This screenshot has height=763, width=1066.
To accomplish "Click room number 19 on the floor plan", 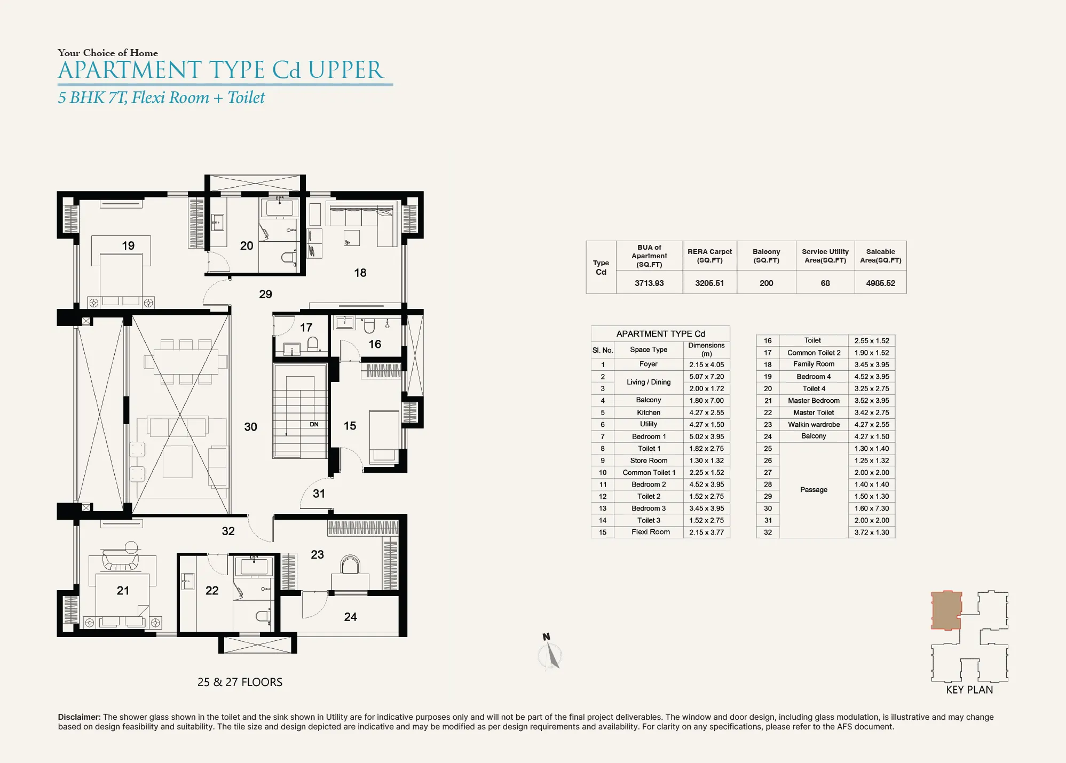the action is click(128, 246).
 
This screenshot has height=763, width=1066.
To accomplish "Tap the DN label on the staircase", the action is click(314, 425).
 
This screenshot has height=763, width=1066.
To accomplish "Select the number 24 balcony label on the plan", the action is click(350, 617).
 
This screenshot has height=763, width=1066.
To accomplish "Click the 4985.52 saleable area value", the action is click(880, 283).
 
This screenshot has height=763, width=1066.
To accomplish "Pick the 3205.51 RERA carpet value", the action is click(709, 283).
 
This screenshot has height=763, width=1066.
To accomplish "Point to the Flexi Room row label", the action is click(650, 532).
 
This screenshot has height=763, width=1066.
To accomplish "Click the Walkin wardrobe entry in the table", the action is click(814, 425).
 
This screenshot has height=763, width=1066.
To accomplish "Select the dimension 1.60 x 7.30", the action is click(872, 508).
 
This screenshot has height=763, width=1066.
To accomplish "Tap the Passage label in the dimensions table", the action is click(814, 490).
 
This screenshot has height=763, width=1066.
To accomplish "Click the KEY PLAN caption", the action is click(969, 690).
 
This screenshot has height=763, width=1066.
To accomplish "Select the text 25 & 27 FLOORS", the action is click(240, 682).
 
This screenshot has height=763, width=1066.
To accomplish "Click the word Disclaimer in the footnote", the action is click(79, 717).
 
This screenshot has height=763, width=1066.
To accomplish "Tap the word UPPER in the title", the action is click(345, 70).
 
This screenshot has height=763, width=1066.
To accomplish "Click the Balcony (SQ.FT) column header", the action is click(766, 256).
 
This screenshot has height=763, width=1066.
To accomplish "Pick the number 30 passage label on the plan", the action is click(250, 427).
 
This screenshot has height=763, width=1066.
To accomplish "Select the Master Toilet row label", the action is click(814, 412).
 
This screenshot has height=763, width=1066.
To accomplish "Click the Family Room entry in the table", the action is click(814, 364).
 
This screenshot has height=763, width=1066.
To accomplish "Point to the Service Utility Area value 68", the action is click(825, 283).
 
